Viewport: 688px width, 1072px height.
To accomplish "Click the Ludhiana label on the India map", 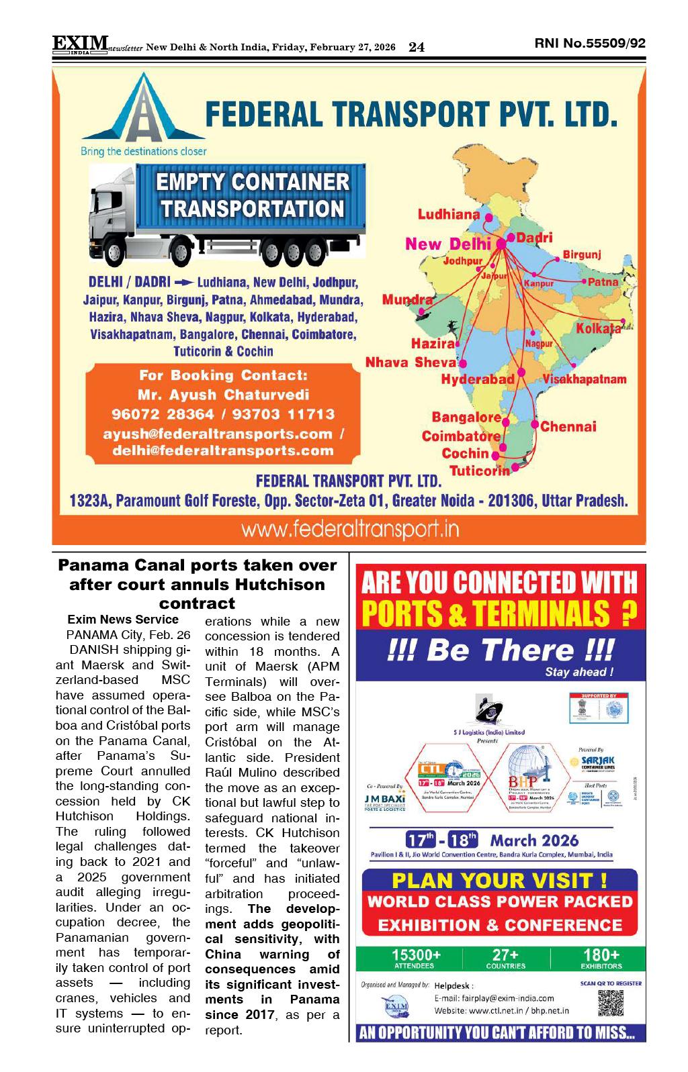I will [x=448, y=215].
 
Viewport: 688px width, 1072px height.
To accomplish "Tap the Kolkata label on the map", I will [x=598, y=328].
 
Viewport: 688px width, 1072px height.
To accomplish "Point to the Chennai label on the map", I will [x=568, y=426].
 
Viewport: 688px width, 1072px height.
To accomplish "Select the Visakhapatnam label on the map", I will [x=585, y=379].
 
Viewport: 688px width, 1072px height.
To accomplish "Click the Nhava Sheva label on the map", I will [x=411, y=362].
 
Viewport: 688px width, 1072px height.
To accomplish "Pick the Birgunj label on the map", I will [x=581, y=254].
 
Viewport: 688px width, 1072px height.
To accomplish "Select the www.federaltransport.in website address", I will [x=349, y=530].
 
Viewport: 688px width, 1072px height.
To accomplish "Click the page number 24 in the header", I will [x=417, y=47].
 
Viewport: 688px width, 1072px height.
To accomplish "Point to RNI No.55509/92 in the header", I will [x=590, y=44].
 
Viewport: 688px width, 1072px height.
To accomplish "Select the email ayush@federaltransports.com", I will [x=218, y=434].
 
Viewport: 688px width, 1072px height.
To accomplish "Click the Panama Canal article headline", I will [x=198, y=583].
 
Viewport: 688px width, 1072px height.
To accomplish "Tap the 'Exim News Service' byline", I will [x=123, y=620].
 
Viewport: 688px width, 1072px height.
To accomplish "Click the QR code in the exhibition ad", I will [x=611, y=1003].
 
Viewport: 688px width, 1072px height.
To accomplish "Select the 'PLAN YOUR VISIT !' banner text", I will [x=500, y=880].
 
